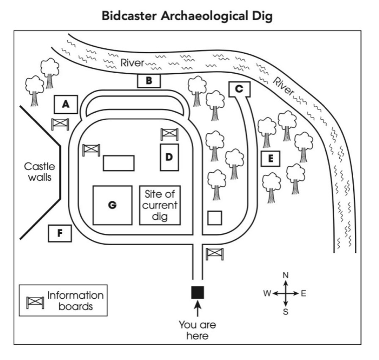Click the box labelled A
pyautogui.click(x=65, y=104)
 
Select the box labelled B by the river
pyautogui.click(x=149, y=80)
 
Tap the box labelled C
pyautogui.click(x=239, y=89)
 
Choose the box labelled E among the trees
pyautogui.click(x=271, y=159)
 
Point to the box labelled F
pyautogui.click(x=59, y=233)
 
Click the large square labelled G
pyautogui.click(x=112, y=205)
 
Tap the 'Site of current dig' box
pyautogui.click(x=160, y=205)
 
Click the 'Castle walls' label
pyautogui.click(x=39, y=172)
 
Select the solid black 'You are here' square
pyautogui.click(x=198, y=292)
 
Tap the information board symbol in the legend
pyautogui.click(x=35, y=302)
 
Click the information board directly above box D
pyautogui.click(x=169, y=134)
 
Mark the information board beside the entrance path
pyautogui.click(x=214, y=254)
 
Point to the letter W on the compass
pyautogui.click(x=267, y=293)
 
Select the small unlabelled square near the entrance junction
pyautogui.click(x=215, y=218)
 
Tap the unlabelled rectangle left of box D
pyautogui.click(x=119, y=163)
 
